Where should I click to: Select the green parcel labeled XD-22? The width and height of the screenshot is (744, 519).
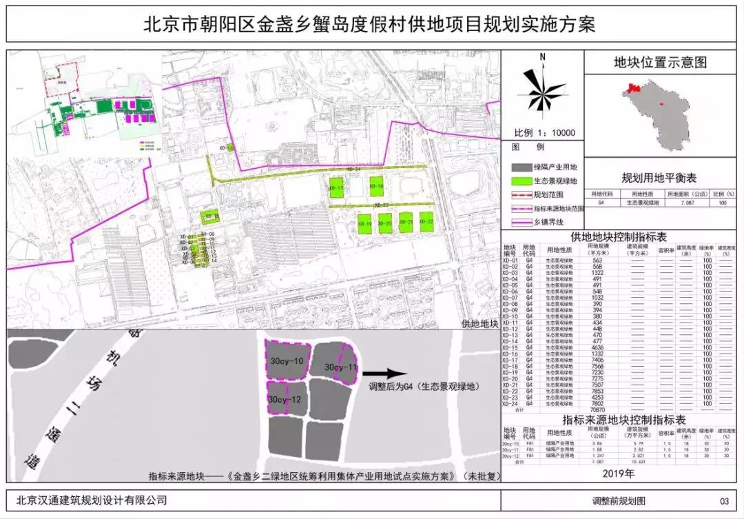click(427, 223)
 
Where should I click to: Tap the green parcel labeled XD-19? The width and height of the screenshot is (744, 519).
click(365, 223)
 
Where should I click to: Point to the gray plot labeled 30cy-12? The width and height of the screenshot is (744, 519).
click(286, 399)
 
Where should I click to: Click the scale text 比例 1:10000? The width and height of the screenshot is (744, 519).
click(544, 133)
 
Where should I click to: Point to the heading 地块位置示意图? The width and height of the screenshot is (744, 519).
click(660, 63)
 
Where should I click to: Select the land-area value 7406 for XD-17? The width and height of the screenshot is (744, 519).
click(597, 360)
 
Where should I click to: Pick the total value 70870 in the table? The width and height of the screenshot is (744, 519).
click(597, 409)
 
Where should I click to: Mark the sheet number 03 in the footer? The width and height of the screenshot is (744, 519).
click(723, 501)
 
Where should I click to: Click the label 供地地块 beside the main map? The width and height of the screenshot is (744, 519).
click(479, 323)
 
